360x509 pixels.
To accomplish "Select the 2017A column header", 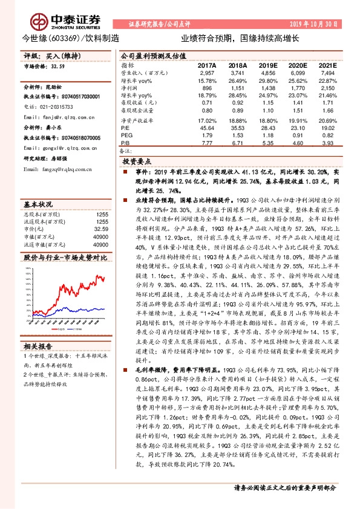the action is (x=206, y=65).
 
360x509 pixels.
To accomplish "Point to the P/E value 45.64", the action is (x=206, y=128).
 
